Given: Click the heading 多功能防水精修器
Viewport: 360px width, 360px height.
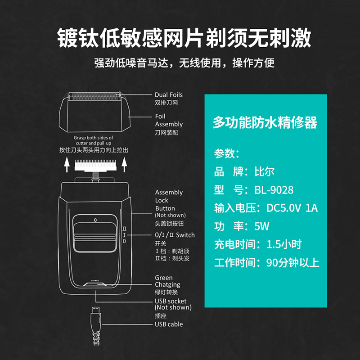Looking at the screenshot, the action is (x=265, y=122).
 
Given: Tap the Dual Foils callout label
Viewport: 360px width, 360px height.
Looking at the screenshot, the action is (x=169, y=95).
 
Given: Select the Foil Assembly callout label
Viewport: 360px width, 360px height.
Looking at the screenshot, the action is (x=169, y=120).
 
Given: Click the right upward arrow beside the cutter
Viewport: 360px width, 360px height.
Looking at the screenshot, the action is (x=124, y=167).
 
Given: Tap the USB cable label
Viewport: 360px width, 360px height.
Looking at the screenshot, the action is (x=169, y=324).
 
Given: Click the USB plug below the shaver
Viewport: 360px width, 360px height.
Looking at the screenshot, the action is (x=96, y=311).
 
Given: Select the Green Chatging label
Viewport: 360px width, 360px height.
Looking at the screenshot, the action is (x=167, y=281).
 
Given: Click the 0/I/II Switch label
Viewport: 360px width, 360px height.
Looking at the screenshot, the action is (x=175, y=235).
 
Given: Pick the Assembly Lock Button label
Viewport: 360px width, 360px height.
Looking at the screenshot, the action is (x=169, y=200).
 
